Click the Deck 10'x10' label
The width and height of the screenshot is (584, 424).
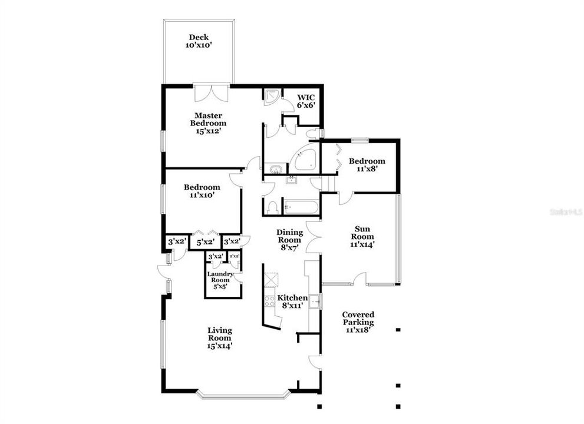point(199,41)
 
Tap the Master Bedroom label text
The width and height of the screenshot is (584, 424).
point(207,123)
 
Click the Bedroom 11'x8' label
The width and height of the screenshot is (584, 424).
point(367,164)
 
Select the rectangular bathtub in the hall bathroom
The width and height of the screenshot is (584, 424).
point(301,207)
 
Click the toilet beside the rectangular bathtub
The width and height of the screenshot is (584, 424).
point(272,207)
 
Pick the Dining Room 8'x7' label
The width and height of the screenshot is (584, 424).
point(289,239)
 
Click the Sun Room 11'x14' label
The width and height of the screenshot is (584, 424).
point(364,236)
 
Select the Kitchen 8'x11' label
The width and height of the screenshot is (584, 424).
point(292,302)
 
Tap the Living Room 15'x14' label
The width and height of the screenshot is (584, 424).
point(219,338)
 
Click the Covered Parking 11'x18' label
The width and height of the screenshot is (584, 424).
point(358,322)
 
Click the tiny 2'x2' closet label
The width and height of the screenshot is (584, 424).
point(235,256)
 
